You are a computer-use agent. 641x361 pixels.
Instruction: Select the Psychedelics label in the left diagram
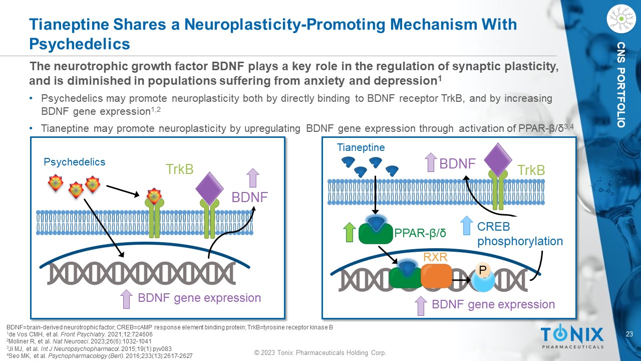pyautogui.click(x=75, y=162)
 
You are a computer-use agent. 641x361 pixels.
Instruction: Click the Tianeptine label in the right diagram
pyautogui.click(x=361, y=147)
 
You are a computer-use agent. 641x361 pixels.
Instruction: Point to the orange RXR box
pyautogui.click(x=436, y=276)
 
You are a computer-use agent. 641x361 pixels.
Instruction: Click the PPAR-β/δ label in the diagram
pyautogui.click(x=420, y=233)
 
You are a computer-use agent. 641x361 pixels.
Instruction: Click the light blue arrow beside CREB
pyautogui.click(x=466, y=226)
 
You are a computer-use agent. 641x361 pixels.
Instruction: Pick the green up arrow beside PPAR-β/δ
pyautogui.click(x=350, y=233)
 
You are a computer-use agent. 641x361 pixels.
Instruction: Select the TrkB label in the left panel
pyautogui.click(x=180, y=169)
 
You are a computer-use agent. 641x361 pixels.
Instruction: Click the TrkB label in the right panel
pyautogui.click(x=531, y=170)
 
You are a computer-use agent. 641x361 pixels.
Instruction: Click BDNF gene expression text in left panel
pyautogui.click(x=199, y=298)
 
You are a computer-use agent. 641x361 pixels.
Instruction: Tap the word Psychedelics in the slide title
pyautogui.click(x=80, y=44)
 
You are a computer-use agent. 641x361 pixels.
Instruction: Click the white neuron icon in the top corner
pyautogui.click(x=621, y=19)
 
